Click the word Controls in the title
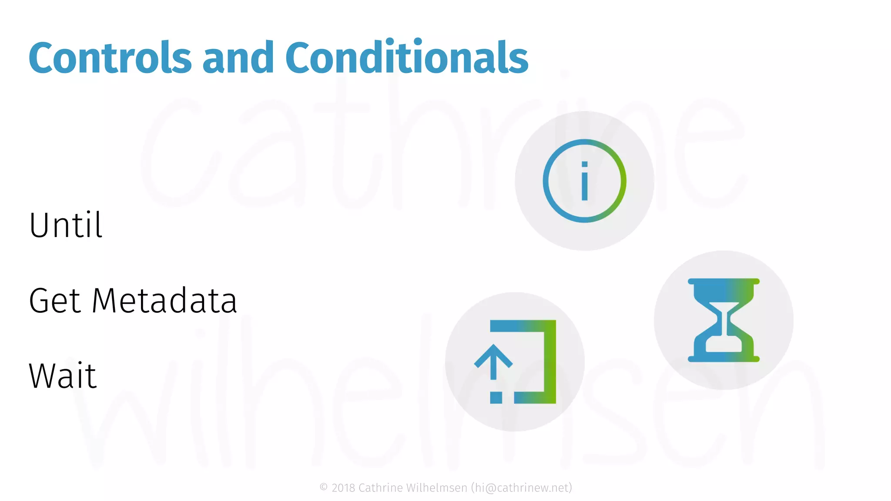pyautogui.click(x=110, y=58)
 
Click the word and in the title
pyautogui.click(x=238, y=58)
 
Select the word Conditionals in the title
pyautogui.click(x=406, y=58)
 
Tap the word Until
pyautogui.click(x=66, y=225)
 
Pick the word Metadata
pyautogui.click(x=164, y=301)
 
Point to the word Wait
pyautogui.click(x=63, y=376)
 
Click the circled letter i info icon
pyautogui.click(x=584, y=181)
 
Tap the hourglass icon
pyautogui.click(x=724, y=320)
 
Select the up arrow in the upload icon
pyautogui.click(x=493, y=361)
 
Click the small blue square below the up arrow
pyautogui.click(x=496, y=397)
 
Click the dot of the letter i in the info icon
pyautogui.click(x=585, y=164)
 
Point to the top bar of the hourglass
pyautogui.click(x=724, y=282)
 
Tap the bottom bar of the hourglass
pyautogui.click(x=724, y=359)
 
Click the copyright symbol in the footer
pyautogui.click(x=324, y=487)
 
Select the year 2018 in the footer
pyautogui.click(x=343, y=488)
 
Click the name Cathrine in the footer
pyautogui.click(x=380, y=488)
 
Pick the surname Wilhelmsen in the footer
pyautogui.click(x=436, y=488)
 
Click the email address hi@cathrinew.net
pyautogui.click(x=522, y=488)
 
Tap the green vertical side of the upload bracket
pyautogui.click(x=550, y=361)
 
